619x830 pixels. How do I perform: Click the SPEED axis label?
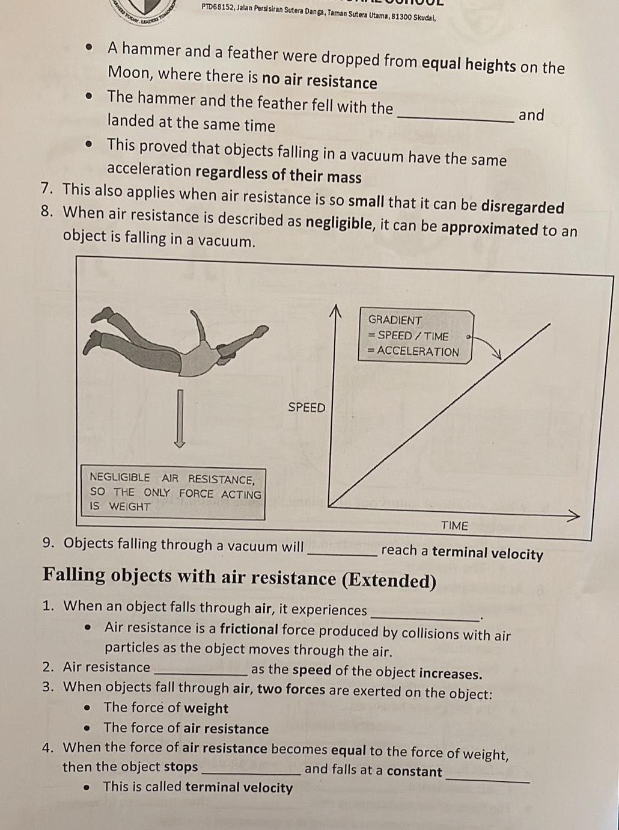[x=306, y=408]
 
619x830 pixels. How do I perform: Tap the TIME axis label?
[x=454, y=526]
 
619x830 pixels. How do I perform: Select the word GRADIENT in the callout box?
[x=395, y=321]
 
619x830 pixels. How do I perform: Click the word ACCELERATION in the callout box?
[x=418, y=352]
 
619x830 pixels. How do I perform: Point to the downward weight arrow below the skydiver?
[x=180, y=419]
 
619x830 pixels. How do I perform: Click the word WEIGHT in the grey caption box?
[x=130, y=506]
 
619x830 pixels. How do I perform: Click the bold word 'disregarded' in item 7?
[x=522, y=207]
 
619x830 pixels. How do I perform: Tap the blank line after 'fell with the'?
[x=456, y=121]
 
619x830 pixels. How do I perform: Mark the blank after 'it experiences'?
[x=425, y=619]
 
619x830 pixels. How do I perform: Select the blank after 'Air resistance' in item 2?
[x=201, y=675]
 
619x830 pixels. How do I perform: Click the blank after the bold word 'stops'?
[x=252, y=775]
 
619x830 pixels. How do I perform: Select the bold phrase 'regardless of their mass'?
[x=278, y=174]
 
